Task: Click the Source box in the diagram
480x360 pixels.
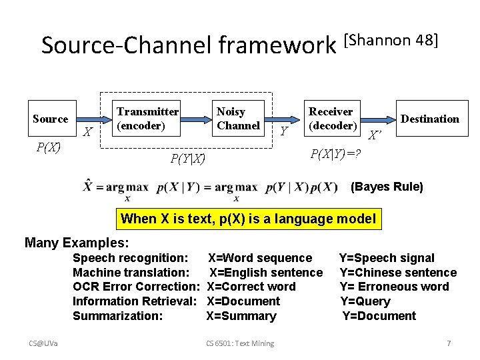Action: click(x=51, y=119)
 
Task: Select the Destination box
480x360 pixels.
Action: click(x=430, y=119)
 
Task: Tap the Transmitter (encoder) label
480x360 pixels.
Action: click(x=147, y=118)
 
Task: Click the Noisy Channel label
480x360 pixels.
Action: click(x=238, y=118)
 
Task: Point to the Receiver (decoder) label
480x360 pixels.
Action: click(x=331, y=118)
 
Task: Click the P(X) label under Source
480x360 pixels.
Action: click(x=48, y=147)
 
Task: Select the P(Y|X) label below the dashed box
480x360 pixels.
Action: click(x=187, y=159)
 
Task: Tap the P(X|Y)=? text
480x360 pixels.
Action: click(x=336, y=154)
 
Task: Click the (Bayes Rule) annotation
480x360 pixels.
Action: click(x=387, y=187)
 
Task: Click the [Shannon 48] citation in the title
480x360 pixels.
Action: click(x=391, y=40)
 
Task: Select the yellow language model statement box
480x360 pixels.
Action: click(x=248, y=219)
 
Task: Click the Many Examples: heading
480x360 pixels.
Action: click(x=77, y=242)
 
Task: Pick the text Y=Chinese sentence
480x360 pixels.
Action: click(x=398, y=272)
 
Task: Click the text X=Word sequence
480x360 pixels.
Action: click(x=260, y=257)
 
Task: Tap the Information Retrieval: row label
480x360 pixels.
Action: click(x=134, y=301)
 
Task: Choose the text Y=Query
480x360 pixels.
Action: click(x=375, y=301)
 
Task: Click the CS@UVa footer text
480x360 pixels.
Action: click(x=43, y=343)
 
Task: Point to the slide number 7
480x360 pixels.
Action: click(x=449, y=343)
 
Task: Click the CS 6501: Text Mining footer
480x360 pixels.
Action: click(x=240, y=343)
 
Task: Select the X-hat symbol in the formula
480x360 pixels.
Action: click(x=88, y=186)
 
